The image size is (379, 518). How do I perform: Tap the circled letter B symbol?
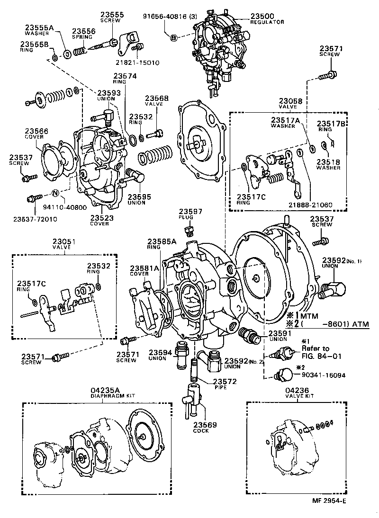pos(173,37)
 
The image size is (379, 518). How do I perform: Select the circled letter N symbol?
pos(55,193)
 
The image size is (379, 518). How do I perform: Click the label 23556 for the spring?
pos(83,31)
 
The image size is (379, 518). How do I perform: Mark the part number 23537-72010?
pos(35,219)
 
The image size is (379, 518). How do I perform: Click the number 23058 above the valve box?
pos(290,101)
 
